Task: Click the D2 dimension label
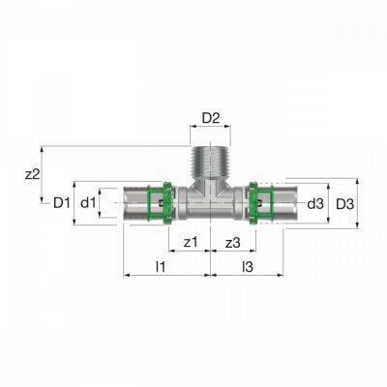211,118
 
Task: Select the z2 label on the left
32,174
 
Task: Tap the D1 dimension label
62,203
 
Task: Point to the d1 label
88,203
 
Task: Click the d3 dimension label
315,204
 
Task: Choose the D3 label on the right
345,204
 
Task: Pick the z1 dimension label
191,242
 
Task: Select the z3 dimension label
233,243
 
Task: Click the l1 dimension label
161,267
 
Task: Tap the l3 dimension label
248,267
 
